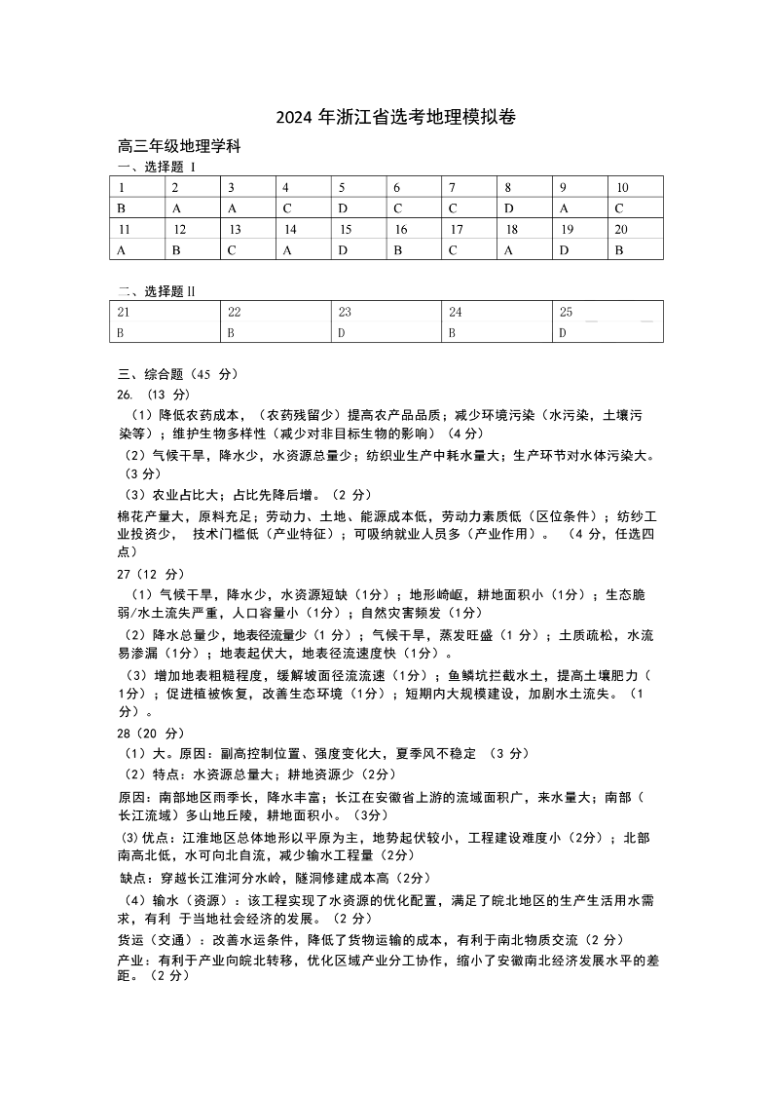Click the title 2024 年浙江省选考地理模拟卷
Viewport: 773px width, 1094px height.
click(394, 118)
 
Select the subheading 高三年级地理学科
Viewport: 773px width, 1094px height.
click(178, 147)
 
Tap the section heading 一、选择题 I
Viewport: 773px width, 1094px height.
click(157, 167)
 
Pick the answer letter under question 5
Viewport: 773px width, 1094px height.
click(343, 207)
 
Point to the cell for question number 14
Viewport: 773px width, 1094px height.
click(290, 229)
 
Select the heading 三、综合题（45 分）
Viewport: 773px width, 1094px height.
click(177, 373)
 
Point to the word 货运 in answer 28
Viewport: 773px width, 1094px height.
click(131, 939)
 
